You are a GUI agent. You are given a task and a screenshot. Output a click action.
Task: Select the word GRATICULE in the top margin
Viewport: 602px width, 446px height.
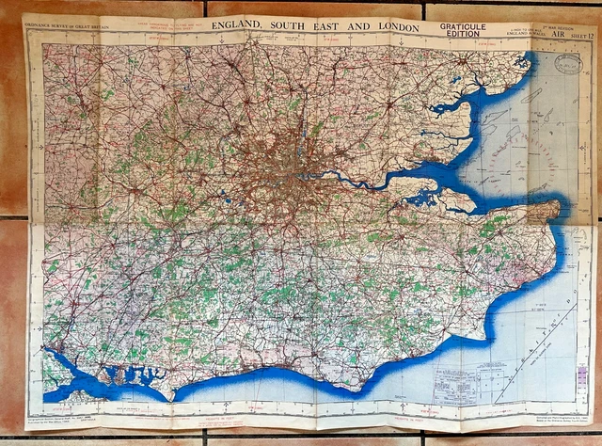click(x=466, y=27)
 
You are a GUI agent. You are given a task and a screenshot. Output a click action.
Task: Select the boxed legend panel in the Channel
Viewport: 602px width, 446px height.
click(x=461, y=381)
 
